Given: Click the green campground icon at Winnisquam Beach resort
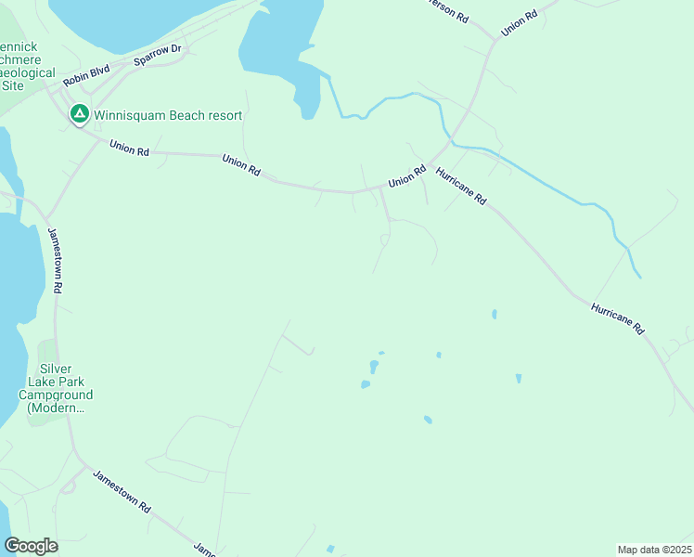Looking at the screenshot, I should [x=80, y=114].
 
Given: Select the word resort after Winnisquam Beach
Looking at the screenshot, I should [x=225, y=116].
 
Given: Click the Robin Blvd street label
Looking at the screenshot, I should [x=86, y=75].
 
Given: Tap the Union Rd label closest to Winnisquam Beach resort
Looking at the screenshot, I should [x=129, y=149].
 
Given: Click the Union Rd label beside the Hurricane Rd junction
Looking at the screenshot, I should [x=406, y=175].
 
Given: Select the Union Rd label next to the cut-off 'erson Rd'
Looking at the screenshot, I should [x=520, y=23].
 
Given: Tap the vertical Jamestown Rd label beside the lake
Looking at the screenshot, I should [x=55, y=260].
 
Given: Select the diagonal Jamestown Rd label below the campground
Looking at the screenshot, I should [x=122, y=492].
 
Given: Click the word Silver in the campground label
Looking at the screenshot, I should [x=56, y=369].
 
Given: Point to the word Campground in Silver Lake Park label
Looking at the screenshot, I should [x=56, y=395].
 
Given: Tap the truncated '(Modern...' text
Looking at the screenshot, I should [x=56, y=408].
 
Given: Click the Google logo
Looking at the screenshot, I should [x=31, y=546].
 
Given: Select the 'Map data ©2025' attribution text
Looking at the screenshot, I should [x=653, y=550].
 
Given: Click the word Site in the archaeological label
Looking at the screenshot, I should [x=13, y=85].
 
